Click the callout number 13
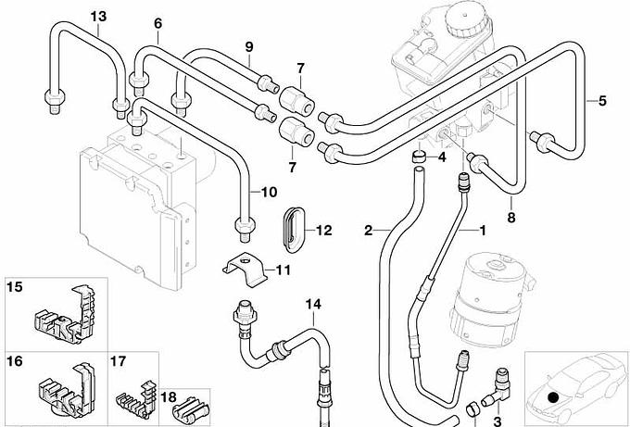pyautogui.click(x=99, y=16)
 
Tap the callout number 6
pyautogui.click(x=157, y=22)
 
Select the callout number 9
pyautogui.click(x=249, y=47)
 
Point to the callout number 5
pyautogui.click(x=602, y=100)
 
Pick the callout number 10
pyautogui.click(x=269, y=193)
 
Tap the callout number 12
pyautogui.click(x=323, y=231)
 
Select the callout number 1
pyautogui.click(x=481, y=228)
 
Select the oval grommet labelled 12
pyautogui.click(x=293, y=229)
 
